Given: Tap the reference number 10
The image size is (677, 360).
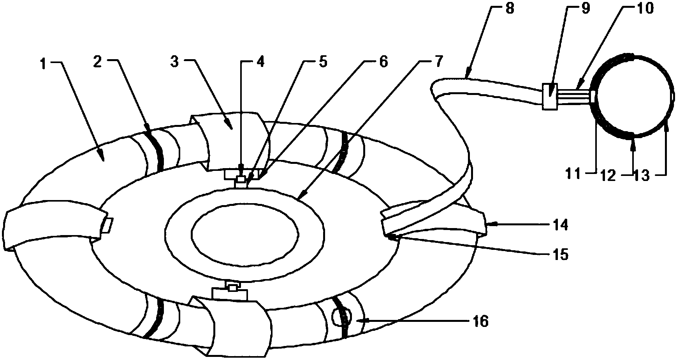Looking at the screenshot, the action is [645, 9].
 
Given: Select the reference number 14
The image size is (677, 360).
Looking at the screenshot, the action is [559, 225].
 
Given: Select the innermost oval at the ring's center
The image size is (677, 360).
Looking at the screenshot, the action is [245, 233].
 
